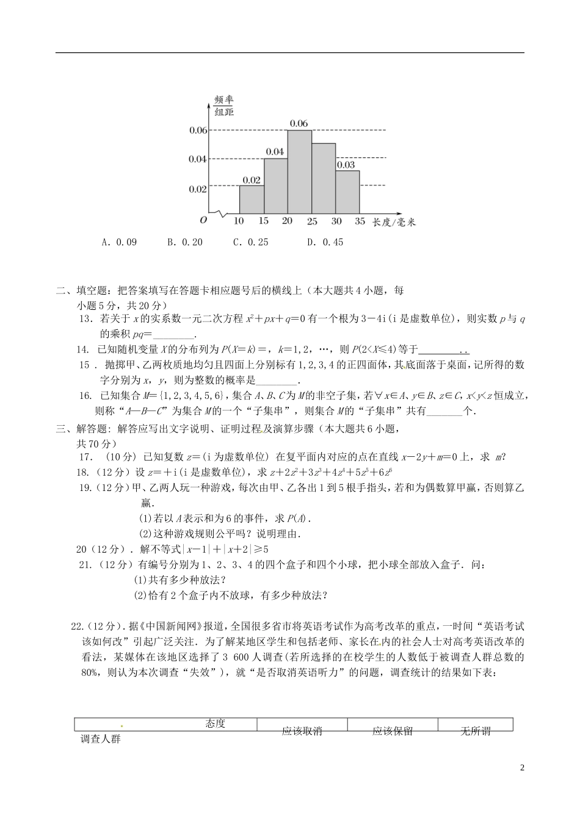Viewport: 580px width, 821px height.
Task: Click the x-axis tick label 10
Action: [x=239, y=221]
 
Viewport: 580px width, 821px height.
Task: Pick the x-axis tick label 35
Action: [x=360, y=221]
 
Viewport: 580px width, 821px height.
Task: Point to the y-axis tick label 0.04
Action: [x=198, y=159]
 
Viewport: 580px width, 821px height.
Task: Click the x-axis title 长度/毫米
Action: [x=394, y=222]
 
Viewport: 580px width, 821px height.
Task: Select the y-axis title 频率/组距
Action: [x=224, y=105]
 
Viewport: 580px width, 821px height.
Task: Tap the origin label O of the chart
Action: [x=203, y=220]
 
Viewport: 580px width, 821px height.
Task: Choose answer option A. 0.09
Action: [x=120, y=242]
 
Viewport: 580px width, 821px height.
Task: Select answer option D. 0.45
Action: [x=325, y=242]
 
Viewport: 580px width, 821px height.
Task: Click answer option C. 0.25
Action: [x=251, y=242]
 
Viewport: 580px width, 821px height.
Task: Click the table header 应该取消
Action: [x=302, y=731]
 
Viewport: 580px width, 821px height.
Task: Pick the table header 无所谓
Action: [x=475, y=731]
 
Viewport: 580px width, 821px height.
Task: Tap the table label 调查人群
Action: [x=101, y=739]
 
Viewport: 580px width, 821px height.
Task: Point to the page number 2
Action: [x=523, y=767]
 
